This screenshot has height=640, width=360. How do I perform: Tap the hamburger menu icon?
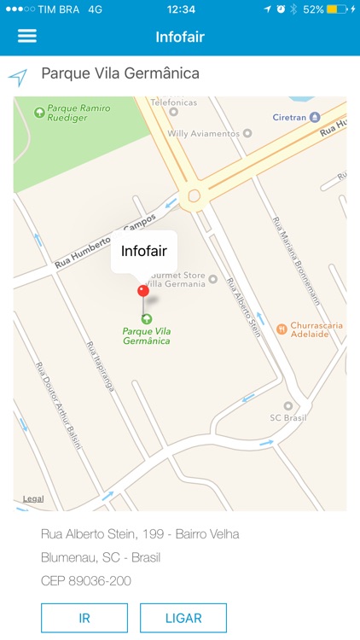(x=27, y=36)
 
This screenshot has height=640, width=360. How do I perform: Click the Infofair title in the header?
(x=180, y=37)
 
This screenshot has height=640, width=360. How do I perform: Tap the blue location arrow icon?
(x=18, y=77)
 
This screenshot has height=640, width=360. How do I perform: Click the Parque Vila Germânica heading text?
(x=120, y=73)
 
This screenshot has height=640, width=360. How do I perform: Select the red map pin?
(x=143, y=291)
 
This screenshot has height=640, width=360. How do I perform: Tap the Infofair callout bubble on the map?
(x=143, y=251)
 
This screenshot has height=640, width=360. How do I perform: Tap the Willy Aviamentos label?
(x=203, y=133)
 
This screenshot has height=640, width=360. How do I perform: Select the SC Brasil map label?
(x=287, y=416)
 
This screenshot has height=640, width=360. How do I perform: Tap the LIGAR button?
(x=183, y=618)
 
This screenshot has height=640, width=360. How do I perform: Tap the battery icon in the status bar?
(x=337, y=9)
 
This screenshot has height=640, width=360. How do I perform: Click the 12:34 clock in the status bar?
(x=181, y=9)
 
